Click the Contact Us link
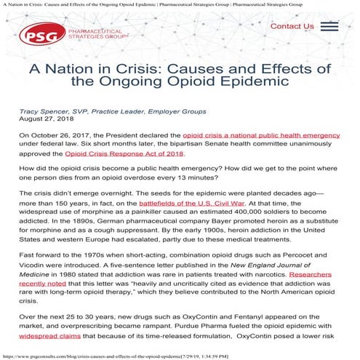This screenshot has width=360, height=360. pos(292,27)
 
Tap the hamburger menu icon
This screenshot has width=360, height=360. pos(329,27)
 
